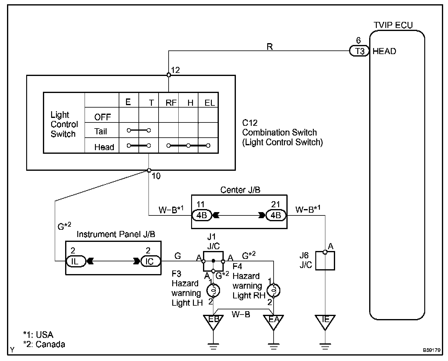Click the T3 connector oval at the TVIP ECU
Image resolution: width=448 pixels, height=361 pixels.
(x=359, y=51)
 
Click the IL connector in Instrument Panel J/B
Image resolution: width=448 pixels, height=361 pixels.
(x=76, y=261)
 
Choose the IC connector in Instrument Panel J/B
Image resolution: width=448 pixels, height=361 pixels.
(x=151, y=261)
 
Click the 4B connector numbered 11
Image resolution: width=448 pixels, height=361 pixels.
(x=202, y=215)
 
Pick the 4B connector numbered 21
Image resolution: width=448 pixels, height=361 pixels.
(x=276, y=215)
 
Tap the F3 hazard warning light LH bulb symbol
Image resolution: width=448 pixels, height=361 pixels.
(x=213, y=291)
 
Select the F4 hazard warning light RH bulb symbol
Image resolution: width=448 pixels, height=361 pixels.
(x=273, y=291)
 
